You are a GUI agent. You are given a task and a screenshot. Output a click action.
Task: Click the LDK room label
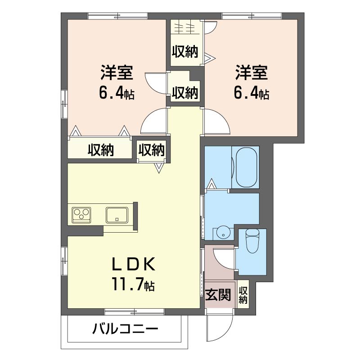click(133, 264)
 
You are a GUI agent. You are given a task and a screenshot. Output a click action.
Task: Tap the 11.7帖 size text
click(133, 284)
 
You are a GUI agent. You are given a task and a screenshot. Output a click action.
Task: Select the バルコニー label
click(125, 329)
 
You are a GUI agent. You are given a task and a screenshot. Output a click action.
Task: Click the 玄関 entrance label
click(218, 295)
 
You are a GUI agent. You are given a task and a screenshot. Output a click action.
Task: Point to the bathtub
click(246, 167)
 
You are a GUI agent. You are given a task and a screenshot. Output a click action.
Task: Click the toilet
click(252, 241)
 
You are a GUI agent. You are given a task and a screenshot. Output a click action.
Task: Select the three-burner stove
click(81, 215)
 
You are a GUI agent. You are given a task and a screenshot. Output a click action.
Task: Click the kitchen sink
click(117, 215)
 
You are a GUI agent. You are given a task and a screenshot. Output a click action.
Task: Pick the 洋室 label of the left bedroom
click(117, 73)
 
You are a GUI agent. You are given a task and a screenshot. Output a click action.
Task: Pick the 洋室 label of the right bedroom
click(252, 73)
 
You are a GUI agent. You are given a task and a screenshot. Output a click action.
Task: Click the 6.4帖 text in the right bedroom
click(252, 93)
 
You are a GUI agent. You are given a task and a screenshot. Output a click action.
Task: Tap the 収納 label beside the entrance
click(243, 295)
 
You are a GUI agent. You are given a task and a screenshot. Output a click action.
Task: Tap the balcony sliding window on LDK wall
click(134, 312)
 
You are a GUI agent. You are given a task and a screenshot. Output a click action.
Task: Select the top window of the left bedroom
click(117, 16)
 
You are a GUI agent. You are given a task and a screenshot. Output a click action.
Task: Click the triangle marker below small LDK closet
click(159, 168)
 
